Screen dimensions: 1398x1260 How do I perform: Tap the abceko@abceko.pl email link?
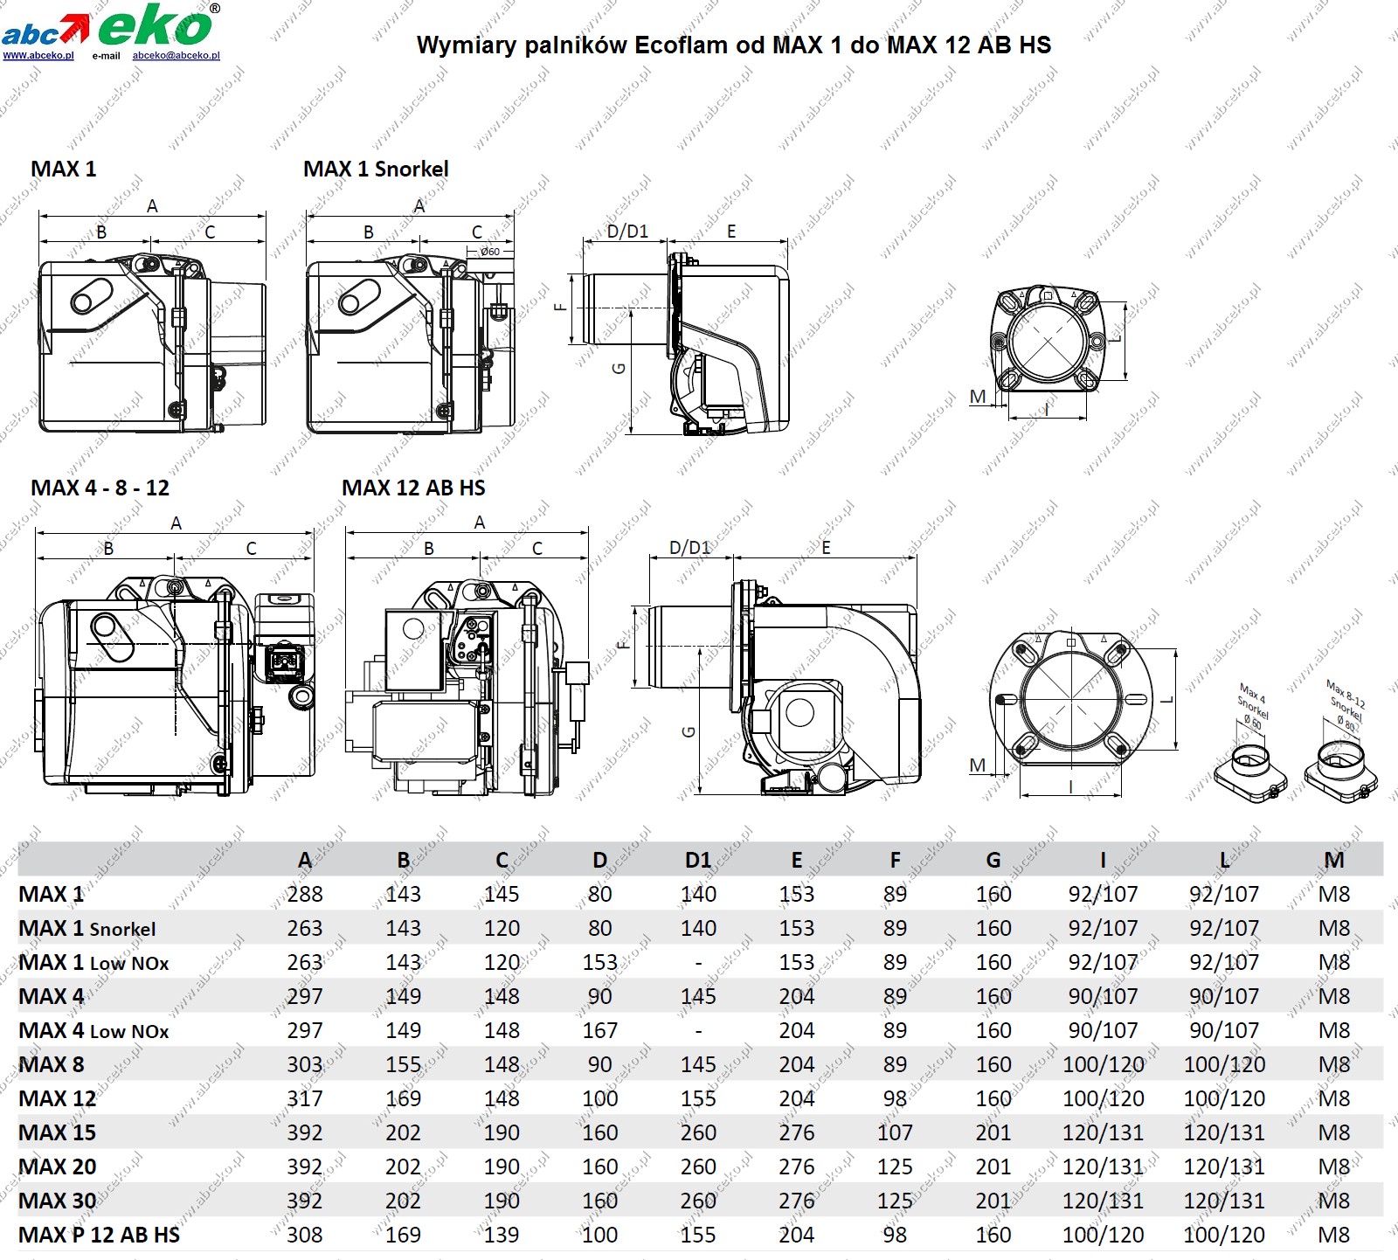(176, 55)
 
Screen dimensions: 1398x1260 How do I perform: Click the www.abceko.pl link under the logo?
(38, 55)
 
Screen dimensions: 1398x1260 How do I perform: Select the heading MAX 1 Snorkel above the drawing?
(376, 169)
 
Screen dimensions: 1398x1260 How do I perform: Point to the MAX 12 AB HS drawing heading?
(413, 488)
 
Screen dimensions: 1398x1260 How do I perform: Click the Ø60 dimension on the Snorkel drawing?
(490, 252)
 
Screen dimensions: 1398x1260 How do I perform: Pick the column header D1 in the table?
(698, 860)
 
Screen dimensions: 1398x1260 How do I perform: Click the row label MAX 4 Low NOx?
(93, 1031)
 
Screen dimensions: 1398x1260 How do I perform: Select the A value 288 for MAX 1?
(305, 894)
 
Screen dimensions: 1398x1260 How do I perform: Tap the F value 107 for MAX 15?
(895, 1132)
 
